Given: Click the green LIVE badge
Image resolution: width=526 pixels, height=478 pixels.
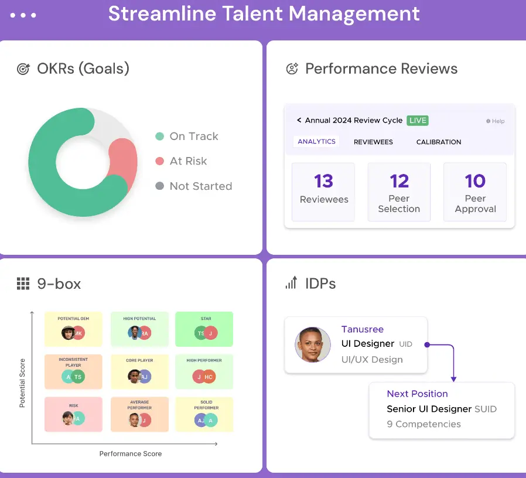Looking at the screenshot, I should pyautogui.click(x=418, y=120).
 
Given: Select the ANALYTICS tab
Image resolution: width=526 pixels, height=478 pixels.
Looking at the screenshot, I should pyautogui.click(x=316, y=141).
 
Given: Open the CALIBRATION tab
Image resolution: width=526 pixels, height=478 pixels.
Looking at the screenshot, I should pyautogui.click(x=438, y=142).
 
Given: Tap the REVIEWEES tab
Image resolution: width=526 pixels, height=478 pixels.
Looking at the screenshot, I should pyautogui.click(x=373, y=142).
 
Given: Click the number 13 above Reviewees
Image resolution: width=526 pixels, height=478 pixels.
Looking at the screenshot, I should pyautogui.click(x=323, y=181).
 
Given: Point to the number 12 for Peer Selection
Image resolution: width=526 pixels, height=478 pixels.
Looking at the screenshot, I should pyautogui.click(x=399, y=181).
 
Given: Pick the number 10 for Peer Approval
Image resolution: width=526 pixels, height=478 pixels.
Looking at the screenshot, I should pyautogui.click(x=475, y=181).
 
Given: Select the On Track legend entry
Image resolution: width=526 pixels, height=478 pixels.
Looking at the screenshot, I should pyautogui.click(x=193, y=136).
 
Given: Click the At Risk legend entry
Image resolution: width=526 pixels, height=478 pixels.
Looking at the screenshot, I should pyautogui.click(x=187, y=161).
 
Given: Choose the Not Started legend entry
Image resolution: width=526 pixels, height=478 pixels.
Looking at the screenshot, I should pyautogui.click(x=200, y=186).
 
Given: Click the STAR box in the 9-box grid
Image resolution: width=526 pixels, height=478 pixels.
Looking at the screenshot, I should pyautogui.click(x=204, y=329).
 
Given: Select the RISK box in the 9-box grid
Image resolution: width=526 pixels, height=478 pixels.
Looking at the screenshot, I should pyautogui.click(x=73, y=414).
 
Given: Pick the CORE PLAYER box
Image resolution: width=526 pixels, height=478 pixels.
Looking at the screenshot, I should pyautogui.click(x=139, y=372).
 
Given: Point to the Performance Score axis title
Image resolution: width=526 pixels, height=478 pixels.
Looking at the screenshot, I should pyautogui.click(x=130, y=453).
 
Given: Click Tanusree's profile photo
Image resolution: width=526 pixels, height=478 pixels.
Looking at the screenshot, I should pyautogui.click(x=313, y=344).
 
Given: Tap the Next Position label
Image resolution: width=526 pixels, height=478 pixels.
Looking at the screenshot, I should pyautogui.click(x=417, y=394).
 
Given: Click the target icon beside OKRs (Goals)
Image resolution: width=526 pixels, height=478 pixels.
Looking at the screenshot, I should pyautogui.click(x=23, y=69).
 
